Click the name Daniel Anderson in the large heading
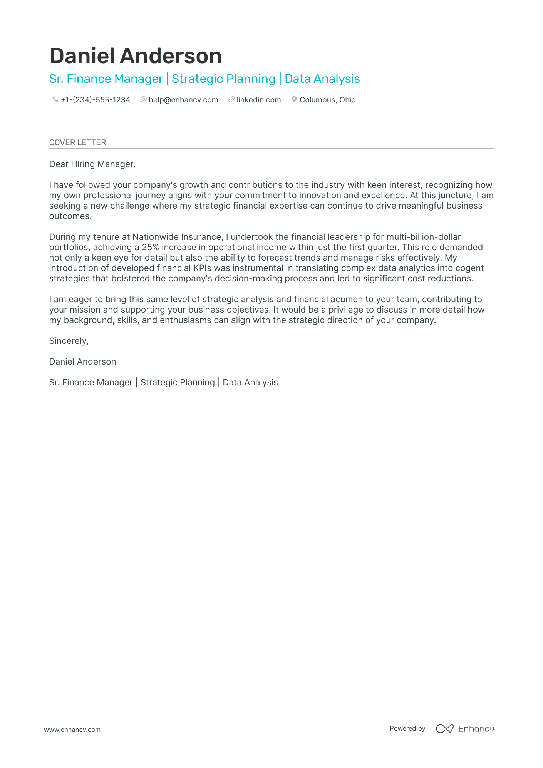[x=136, y=56]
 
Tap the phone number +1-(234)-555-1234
[x=96, y=100]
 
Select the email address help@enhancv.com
[x=183, y=100]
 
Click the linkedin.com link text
[x=258, y=100]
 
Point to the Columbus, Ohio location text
[x=327, y=100]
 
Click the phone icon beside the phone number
[x=55, y=99]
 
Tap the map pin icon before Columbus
[x=294, y=99]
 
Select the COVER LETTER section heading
[x=77, y=142]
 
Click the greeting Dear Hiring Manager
[x=92, y=164]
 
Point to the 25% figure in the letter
[x=150, y=247]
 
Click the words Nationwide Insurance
[x=177, y=237]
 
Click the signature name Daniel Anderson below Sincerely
[x=82, y=361]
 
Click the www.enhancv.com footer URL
[x=72, y=730]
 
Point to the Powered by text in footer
[x=407, y=728]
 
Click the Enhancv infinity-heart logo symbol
[x=444, y=729]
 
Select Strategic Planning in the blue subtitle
[x=223, y=79]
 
